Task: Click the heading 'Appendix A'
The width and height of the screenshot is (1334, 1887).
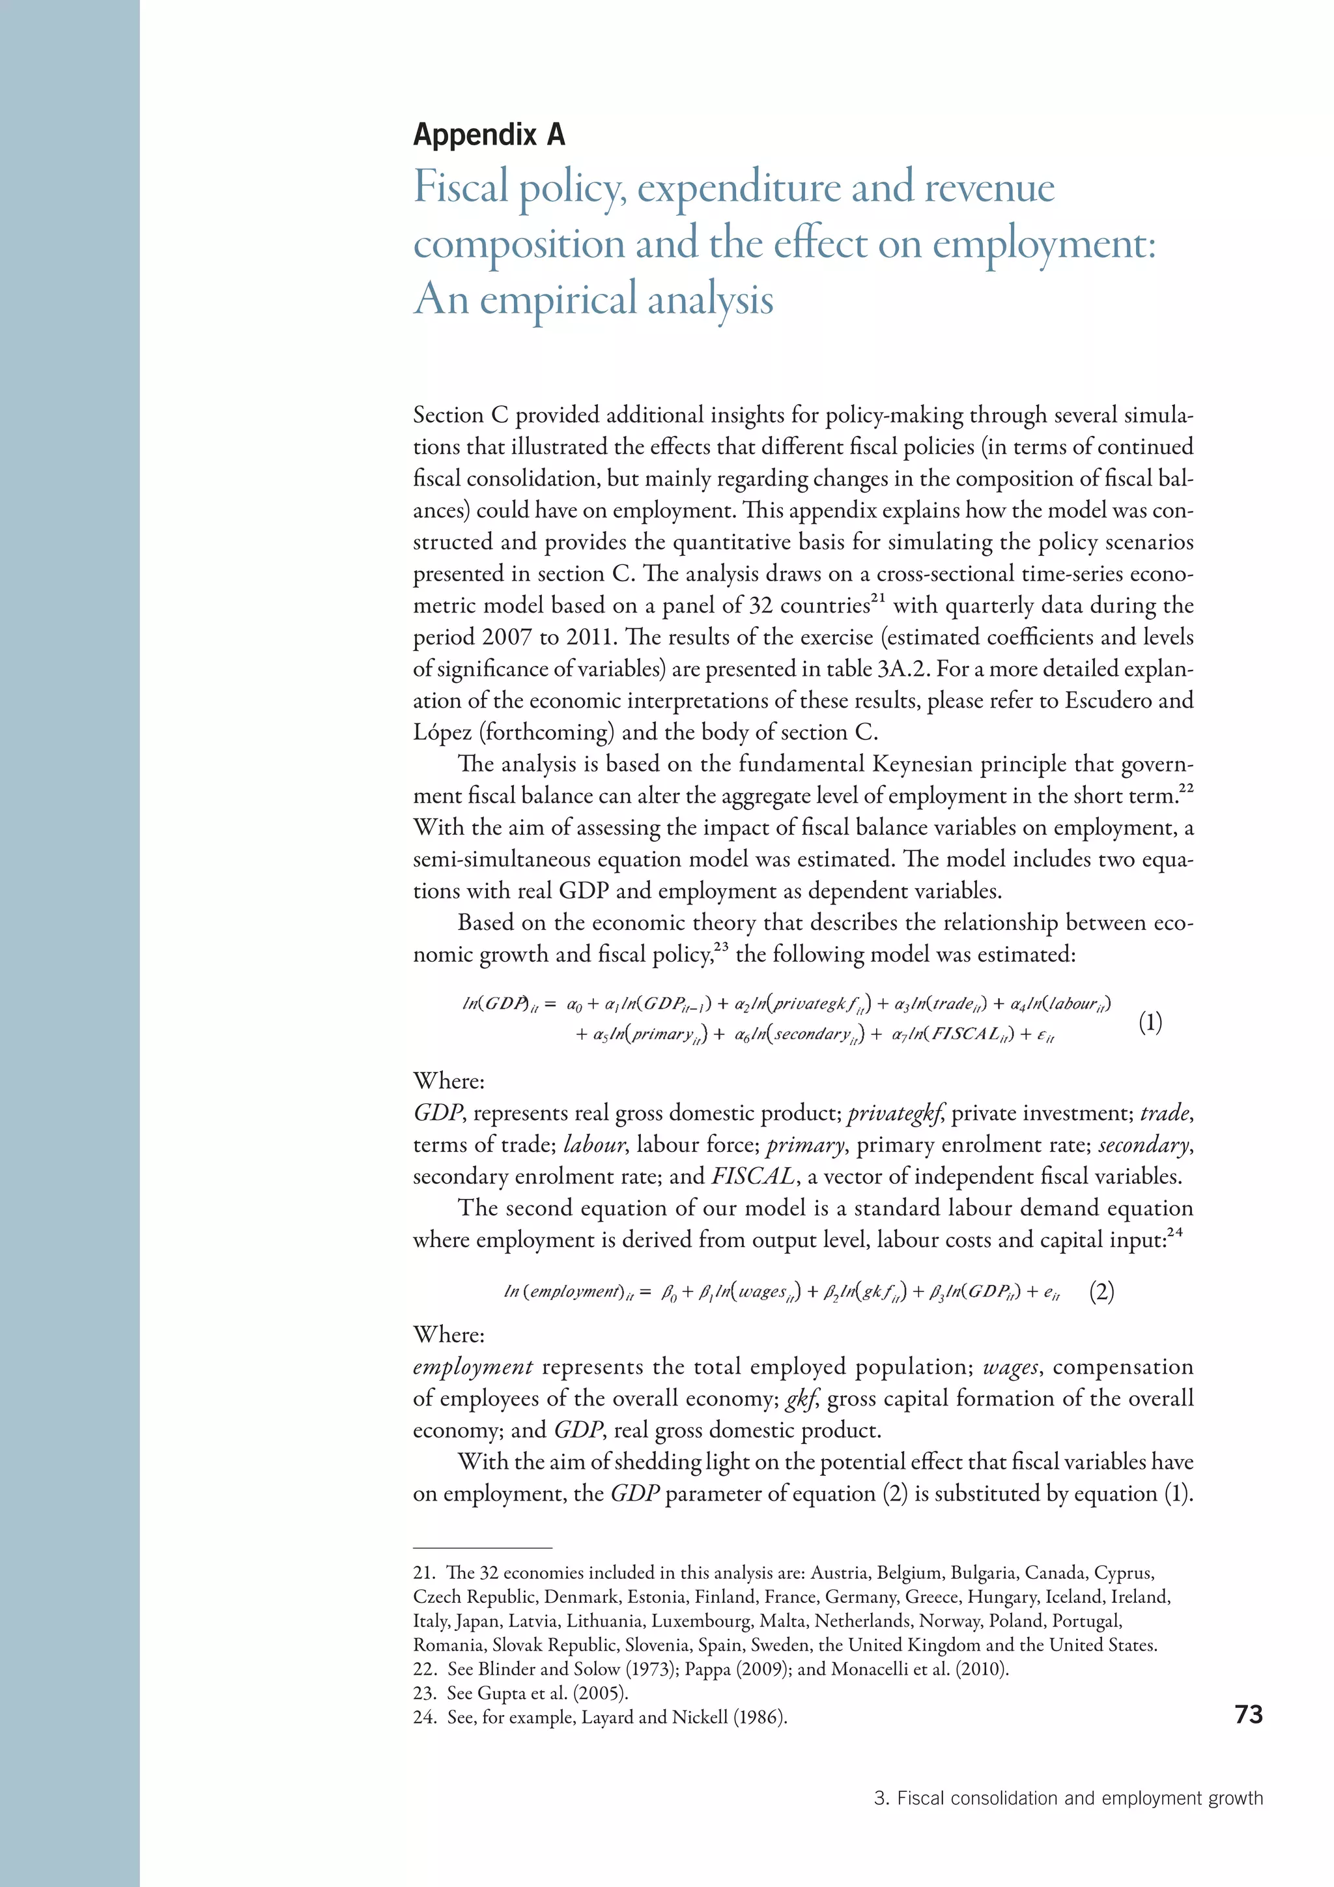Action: tap(489, 135)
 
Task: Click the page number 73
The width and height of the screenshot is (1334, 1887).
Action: tap(1248, 1714)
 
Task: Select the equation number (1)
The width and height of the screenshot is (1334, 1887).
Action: tap(1150, 1022)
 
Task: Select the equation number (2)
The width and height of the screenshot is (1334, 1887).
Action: tap(1101, 1292)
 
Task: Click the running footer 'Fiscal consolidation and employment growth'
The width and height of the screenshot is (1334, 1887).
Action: tap(1079, 1798)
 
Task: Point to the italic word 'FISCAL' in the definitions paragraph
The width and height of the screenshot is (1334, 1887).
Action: tap(752, 1177)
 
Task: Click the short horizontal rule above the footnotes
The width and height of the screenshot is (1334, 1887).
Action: tap(482, 1548)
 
